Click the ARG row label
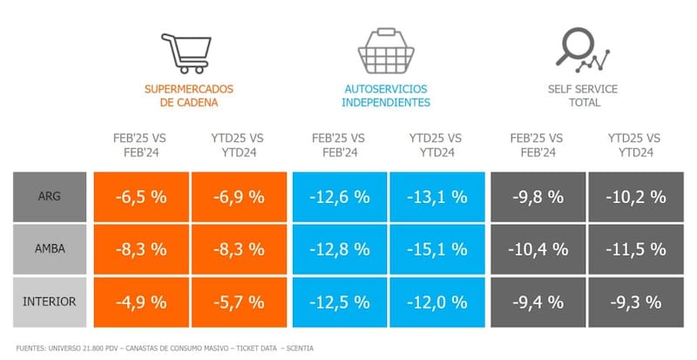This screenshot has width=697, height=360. tap(50, 197)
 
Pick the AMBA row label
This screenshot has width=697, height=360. tap(50, 248)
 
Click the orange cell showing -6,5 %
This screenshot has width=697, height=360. tap(141, 197)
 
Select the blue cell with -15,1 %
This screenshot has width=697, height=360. tap(436, 248)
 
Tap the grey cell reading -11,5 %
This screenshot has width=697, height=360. tap(635, 248)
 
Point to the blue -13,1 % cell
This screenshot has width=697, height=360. tap(436, 197)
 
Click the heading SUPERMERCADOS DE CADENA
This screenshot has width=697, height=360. tap(189, 95)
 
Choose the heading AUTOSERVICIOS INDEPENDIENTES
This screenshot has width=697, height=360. tap(387, 95)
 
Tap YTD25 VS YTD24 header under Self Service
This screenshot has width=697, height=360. tap(634, 145)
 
